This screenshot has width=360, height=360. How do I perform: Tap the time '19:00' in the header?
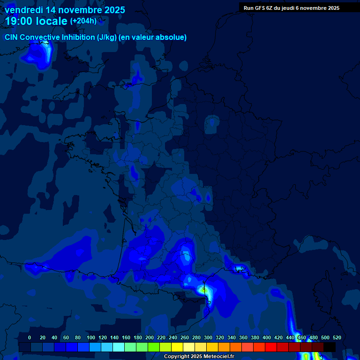19,21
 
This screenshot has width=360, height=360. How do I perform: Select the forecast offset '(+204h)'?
83,21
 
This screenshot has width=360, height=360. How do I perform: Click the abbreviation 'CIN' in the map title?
12,37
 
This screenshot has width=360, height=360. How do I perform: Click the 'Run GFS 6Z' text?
258,7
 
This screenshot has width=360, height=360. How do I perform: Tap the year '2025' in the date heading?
112,10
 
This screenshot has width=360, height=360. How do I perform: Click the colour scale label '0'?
30,337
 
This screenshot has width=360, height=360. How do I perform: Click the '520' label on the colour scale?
337,337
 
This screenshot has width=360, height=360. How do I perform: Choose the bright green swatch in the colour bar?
154,347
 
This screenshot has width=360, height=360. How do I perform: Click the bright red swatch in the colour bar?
271,347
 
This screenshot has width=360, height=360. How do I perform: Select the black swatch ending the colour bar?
330,347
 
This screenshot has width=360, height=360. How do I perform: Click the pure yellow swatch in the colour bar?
177,347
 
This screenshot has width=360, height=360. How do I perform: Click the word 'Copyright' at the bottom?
177,357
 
